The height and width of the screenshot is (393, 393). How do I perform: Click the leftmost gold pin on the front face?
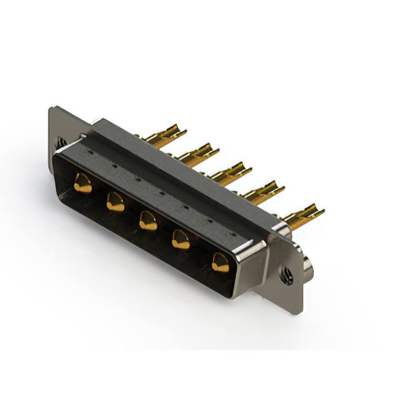(x=82, y=183)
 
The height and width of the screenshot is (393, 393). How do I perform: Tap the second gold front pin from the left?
(x=115, y=201)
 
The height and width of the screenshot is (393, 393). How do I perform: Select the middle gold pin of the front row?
(x=147, y=220)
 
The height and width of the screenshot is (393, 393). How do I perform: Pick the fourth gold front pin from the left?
(x=181, y=239)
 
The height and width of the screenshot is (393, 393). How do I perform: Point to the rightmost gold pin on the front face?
(x=219, y=263)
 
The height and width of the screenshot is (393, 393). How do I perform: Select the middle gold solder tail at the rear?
(x=231, y=173)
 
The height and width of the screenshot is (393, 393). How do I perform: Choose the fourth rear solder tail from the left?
(x=264, y=191)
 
